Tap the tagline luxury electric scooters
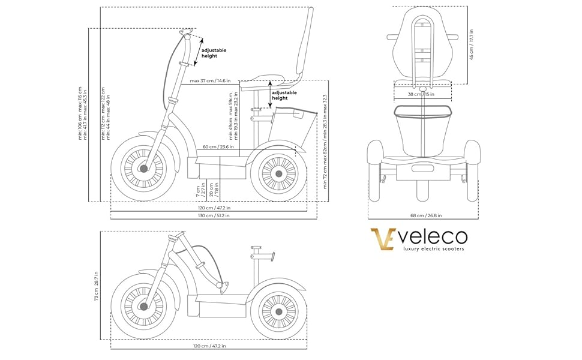[433, 248]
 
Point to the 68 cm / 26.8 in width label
[423, 215]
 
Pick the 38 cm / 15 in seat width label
[421, 94]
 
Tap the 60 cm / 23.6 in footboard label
[218, 146]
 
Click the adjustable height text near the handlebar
[214, 53]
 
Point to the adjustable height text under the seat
[284, 95]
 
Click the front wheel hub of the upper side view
[143, 169]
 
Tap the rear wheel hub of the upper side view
[278, 174]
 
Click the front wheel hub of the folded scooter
[143, 307]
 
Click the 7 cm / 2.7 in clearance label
[200, 191]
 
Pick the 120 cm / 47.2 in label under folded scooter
[208, 346]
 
